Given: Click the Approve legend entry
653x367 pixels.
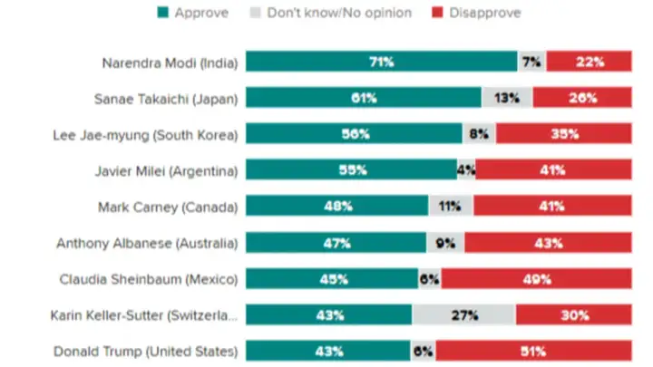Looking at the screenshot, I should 197,13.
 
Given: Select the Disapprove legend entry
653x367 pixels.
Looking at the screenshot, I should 483,13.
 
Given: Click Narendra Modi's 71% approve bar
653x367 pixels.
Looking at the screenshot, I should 381,62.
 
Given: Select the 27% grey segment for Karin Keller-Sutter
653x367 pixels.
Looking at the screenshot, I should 463,314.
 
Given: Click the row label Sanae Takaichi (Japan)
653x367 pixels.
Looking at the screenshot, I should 165,98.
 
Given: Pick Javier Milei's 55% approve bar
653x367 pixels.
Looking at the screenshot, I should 351,169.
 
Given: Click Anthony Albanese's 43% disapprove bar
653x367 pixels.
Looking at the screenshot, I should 548,243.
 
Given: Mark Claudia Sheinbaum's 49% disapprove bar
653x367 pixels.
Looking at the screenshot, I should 536,279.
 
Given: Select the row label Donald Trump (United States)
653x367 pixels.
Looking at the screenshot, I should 145,351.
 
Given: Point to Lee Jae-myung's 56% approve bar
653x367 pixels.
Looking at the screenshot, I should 354,134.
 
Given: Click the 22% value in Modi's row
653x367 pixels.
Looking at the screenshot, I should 588,62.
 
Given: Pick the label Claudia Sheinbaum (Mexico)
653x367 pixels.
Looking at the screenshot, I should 148,279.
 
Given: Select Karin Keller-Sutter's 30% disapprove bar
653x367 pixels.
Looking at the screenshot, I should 573,314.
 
